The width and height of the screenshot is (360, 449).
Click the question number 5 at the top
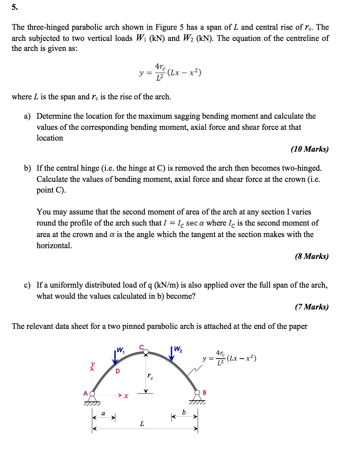(14, 7)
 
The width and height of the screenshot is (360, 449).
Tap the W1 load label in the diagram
(120, 350)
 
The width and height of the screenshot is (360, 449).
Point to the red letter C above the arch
(141, 347)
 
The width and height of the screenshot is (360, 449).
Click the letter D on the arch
(118, 371)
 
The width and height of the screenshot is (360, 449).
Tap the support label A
(85, 393)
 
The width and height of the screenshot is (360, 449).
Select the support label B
(204, 393)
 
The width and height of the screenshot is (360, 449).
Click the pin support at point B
(197, 396)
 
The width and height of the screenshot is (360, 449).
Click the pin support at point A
(92, 397)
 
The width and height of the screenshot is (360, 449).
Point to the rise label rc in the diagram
(150, 376)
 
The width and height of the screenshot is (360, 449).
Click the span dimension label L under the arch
(142, 424)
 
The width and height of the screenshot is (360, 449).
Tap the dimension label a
(103, 413)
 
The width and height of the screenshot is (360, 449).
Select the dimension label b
(184, 412)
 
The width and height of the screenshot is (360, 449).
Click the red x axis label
(126, 396)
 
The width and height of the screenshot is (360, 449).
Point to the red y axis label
(93, 364)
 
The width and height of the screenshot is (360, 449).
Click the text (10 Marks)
(309, 149)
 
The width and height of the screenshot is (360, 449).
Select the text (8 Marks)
(312, 256)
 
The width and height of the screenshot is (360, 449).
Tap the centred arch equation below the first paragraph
(170, 72)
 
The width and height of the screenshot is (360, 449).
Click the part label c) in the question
(27, 285)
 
